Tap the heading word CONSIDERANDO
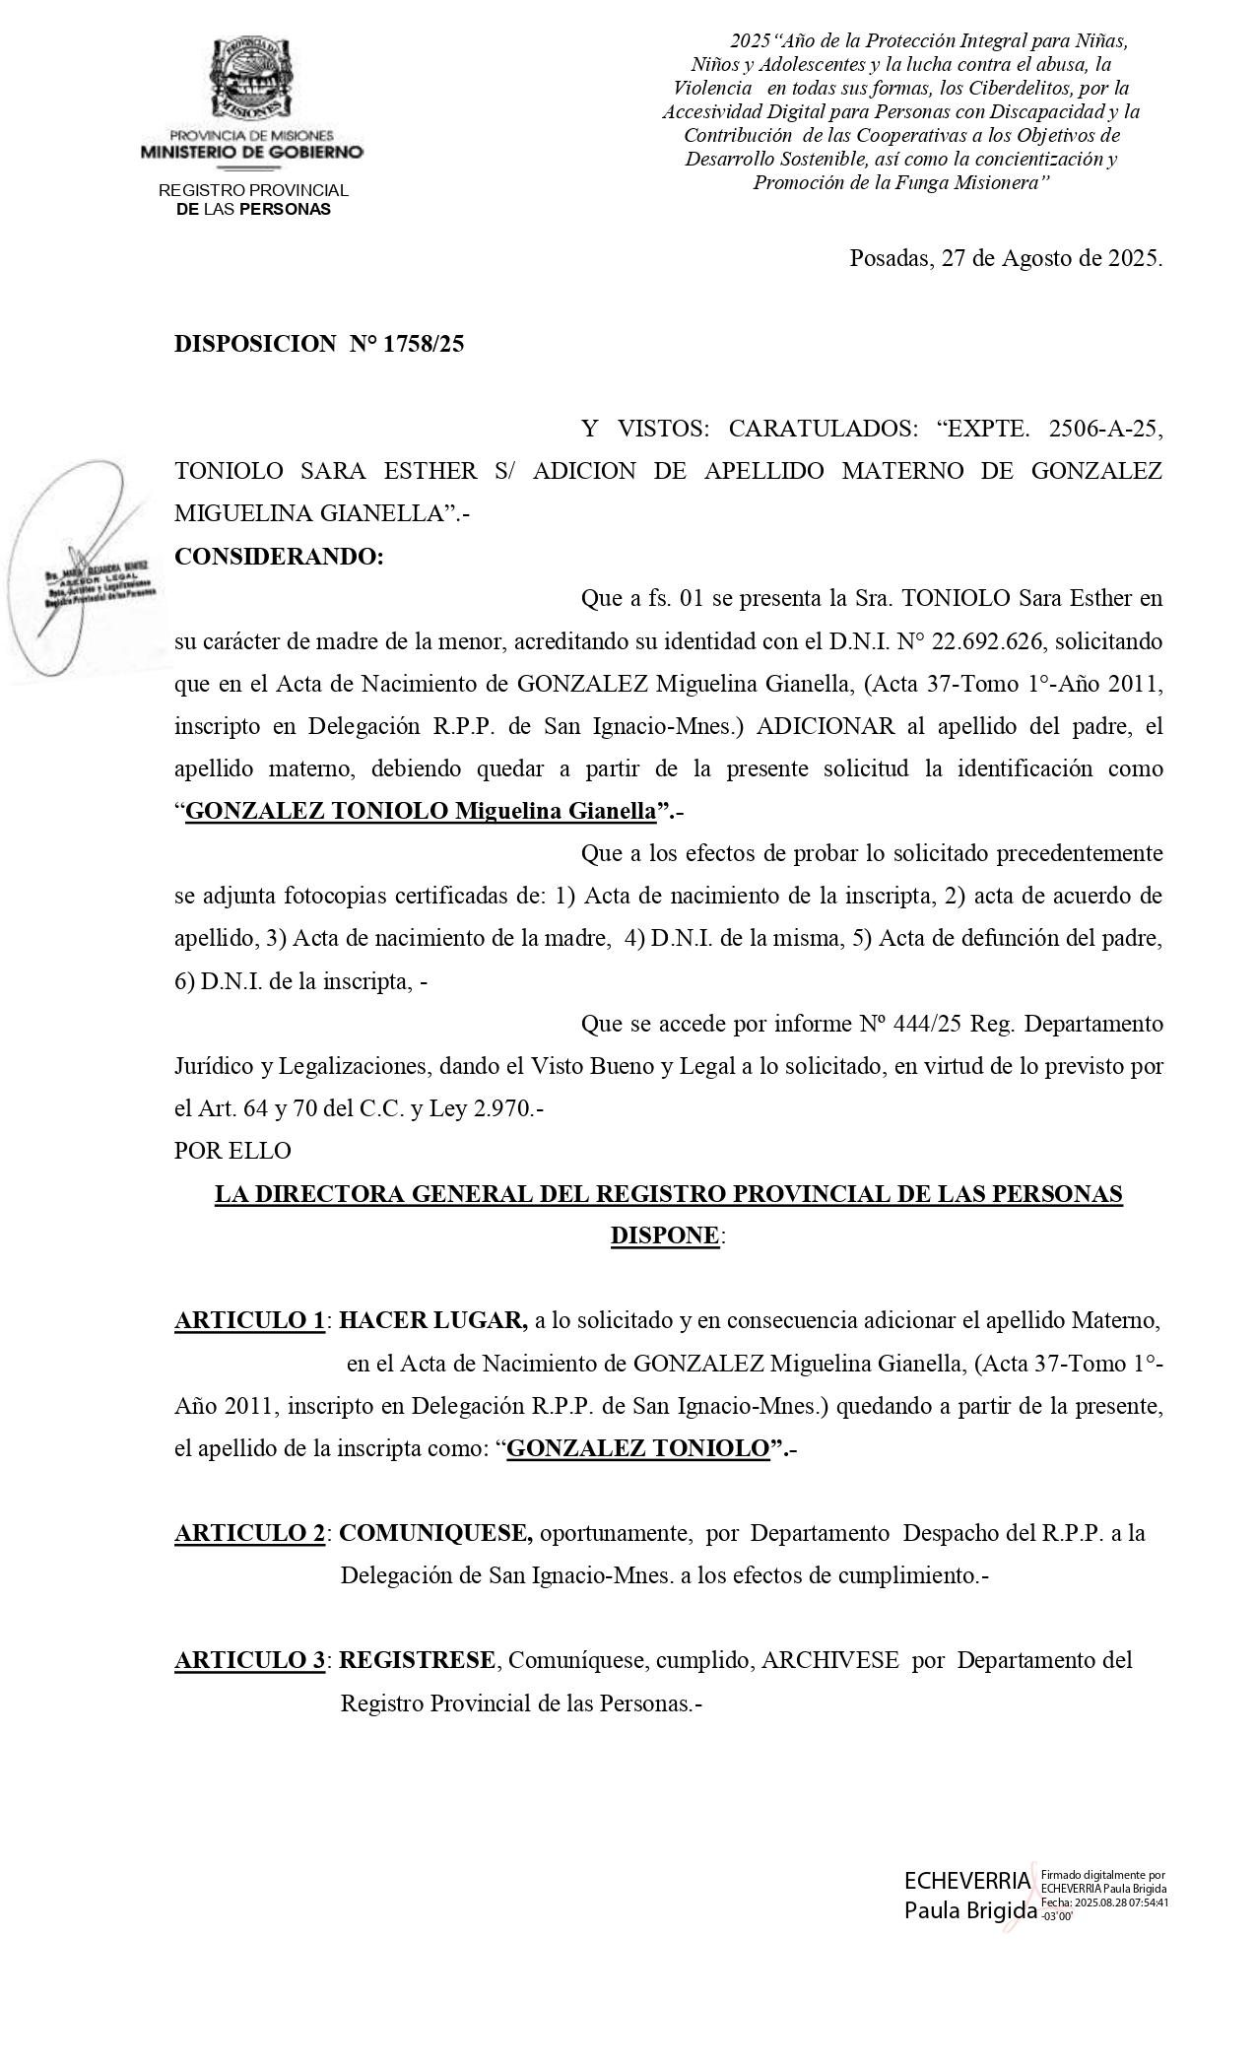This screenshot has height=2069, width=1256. (x=279, y=557)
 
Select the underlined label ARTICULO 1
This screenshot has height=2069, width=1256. (x=250, y=1320)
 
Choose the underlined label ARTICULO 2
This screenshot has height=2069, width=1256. (x=250, y=1533)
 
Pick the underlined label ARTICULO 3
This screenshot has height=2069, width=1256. (x=250, y=1660)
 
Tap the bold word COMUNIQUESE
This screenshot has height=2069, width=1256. (x=435, y=1533)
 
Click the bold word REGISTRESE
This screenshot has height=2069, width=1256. (x=418, y=1660)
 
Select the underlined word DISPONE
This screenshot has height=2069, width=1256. (x=665, y=1235)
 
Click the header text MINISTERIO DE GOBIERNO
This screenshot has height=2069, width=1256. (x=252, y=152)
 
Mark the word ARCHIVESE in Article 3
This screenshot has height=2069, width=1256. (x=830, y=1660)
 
